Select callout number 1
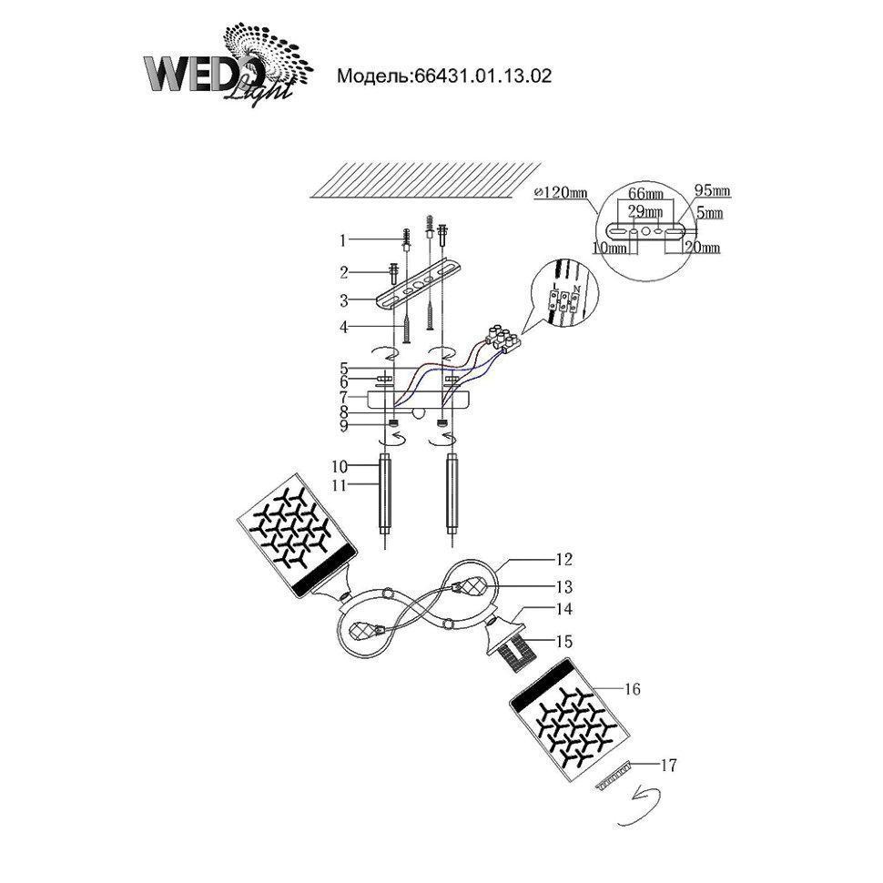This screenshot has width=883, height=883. tap(343, 241)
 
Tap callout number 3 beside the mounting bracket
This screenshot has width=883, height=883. tap(343, 299)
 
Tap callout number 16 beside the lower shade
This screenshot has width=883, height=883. tap(634, 689)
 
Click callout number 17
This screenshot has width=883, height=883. tap(669, 766)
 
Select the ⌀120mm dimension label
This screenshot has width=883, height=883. tap(563, 192)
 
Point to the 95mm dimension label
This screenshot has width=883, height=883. tap(713, 191)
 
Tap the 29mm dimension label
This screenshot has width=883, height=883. tap(644, 211)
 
